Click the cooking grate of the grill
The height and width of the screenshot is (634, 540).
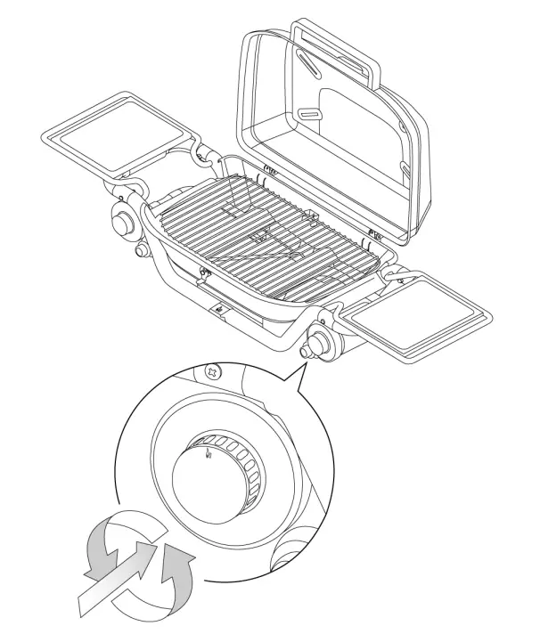(267, 235)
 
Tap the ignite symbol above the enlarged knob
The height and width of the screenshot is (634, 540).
(207, 456)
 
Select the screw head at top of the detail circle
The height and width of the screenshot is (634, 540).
(213, 372)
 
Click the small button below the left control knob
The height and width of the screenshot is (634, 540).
(141, 252)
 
